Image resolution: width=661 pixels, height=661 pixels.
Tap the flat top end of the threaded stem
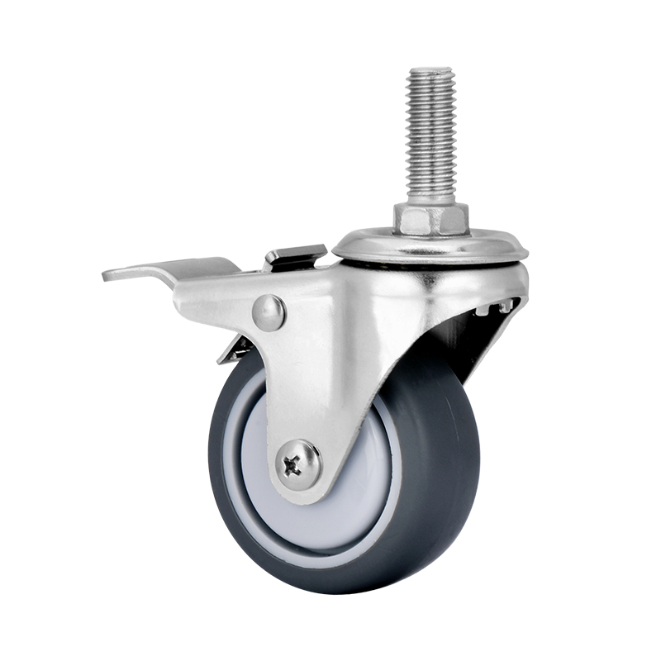pos(430,70)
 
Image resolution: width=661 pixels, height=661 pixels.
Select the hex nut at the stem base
pos(430,219)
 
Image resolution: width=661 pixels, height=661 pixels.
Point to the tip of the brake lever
pos(107,273)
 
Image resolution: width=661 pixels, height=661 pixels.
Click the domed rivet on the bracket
pos(269,312)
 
